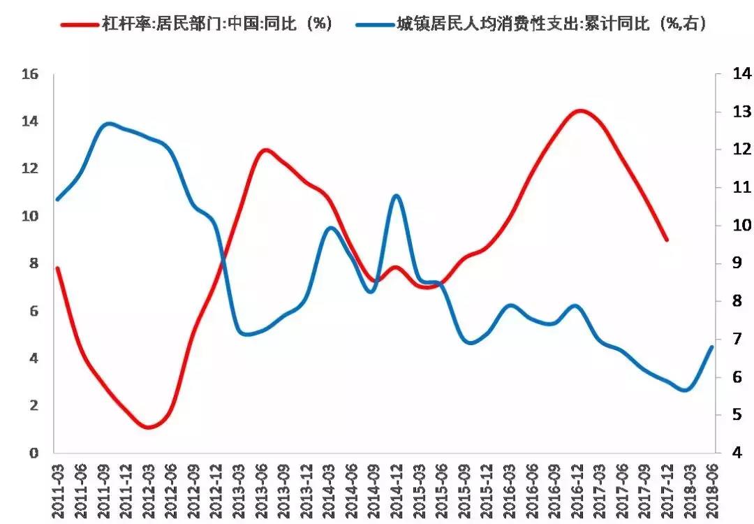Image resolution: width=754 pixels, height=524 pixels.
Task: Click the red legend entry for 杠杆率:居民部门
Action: point(195,23)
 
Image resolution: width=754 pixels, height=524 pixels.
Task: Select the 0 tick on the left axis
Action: point(33,453)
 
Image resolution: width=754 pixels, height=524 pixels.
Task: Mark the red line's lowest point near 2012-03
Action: point(148,427)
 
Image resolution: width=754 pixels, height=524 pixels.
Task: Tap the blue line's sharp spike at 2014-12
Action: point(396,196)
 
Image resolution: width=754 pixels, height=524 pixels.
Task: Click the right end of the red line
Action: point(667,240)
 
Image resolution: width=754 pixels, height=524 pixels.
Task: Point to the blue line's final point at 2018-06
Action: point(711,347)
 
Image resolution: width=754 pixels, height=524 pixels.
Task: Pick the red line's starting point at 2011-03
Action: point(58,268)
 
